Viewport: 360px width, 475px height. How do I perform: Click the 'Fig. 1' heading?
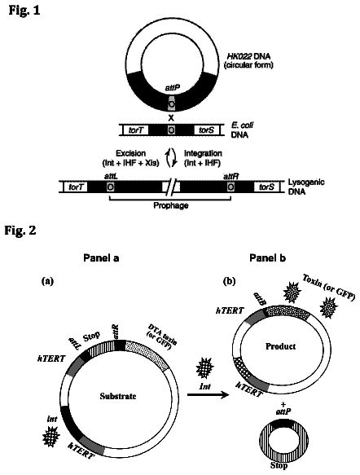click(x=24, y=11)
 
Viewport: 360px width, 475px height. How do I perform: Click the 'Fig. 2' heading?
click(x=20, y=231)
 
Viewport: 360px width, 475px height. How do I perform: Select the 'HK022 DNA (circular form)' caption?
click(x=248, y=60)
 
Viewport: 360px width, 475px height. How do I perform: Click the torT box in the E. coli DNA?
click(x=135, y=130)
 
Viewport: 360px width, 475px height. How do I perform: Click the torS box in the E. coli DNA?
click(x=207, y=130)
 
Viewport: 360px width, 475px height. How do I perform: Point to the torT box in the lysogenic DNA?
click(x=76, y=187)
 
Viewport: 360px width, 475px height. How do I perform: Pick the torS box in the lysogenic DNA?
click(x=267, y=187)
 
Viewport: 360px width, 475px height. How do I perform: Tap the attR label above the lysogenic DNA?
click(x=230, y=176)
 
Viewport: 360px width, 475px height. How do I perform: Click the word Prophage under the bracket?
click(x=171, y=205)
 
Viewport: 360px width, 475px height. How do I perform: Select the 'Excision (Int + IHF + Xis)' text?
click(x=130, y=158)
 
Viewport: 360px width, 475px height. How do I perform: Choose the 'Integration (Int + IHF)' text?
click(x=203, y=158)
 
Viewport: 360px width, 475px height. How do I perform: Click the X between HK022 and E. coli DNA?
click(x=171, y=118)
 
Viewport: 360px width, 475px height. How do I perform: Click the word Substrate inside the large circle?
click(x=118, y=396)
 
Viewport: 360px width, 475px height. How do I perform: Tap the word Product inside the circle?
click(x=280, y=346)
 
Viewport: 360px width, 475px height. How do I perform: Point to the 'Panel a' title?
click(x=101, y=258)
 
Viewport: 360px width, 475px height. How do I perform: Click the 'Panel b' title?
click(x=268, y=258)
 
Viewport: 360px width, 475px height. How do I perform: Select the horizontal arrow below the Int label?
click(x=208, y=395)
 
